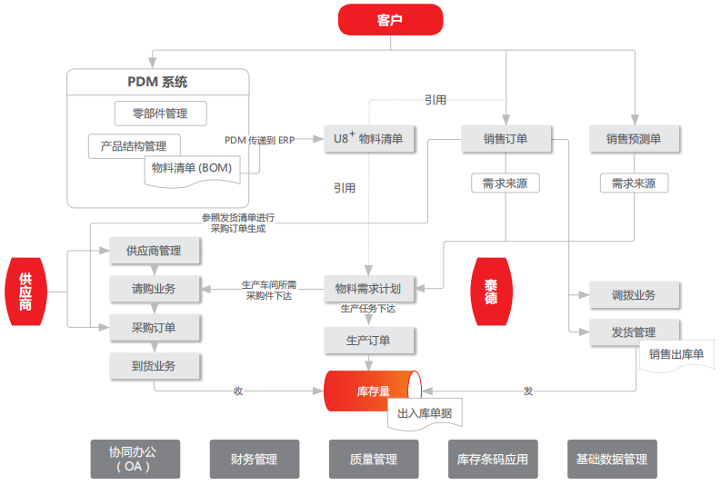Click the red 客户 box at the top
click(x=389, y=20)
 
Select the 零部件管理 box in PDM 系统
click(x=161, y=114)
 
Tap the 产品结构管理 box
click(x=134, y=145)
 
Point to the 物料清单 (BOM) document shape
click(x=192, y=169)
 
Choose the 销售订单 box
click(x=506, y=139)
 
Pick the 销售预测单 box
click(x=634, y=139)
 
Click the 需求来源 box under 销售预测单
click(x=634, y=183)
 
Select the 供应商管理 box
click(x=155, y=251)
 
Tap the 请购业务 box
click(x=155, y=289)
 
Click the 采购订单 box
click(x=155, y=327)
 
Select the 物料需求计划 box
click(x=368, y=289)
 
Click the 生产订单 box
click(x=368, y=341)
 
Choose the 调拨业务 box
click(x=634, y=295)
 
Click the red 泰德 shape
click(x=491, y=291)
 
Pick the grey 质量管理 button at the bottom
click(x=374, y=460)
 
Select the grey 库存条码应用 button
click(x=492, y=460)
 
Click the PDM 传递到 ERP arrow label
click(x=260, y=140)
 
